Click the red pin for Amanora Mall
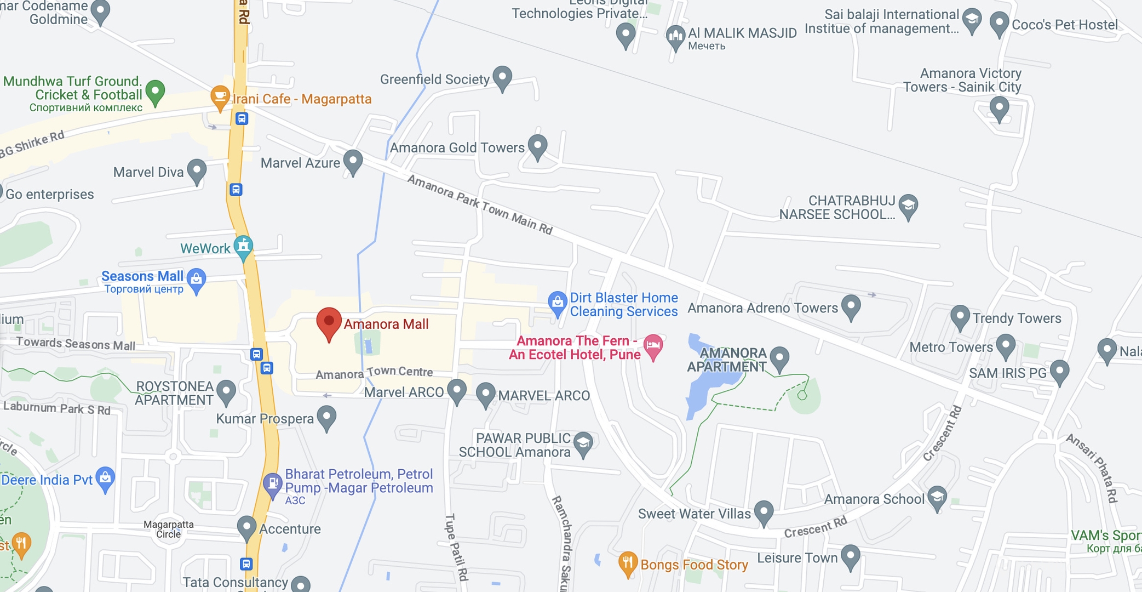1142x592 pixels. [x=329, y=322]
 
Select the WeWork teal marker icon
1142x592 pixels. [x=243, y=247]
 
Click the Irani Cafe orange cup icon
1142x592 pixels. [x=220, y=97]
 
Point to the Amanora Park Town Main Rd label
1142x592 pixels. [x=480, y=204]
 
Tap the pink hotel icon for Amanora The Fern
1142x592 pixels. [x=653, y=346]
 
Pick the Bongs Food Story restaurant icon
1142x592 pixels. [x=628, y=563]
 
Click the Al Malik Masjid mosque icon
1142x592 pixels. [x=675, y=37]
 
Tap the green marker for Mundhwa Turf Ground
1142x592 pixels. [x=155, y=91]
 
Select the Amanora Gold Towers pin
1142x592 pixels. [x=537, y=146]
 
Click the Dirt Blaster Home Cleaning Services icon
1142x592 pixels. [x=557, y=302]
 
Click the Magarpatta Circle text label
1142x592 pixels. [x=169, y=529]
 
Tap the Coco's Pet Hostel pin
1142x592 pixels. [x=999, y=24]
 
